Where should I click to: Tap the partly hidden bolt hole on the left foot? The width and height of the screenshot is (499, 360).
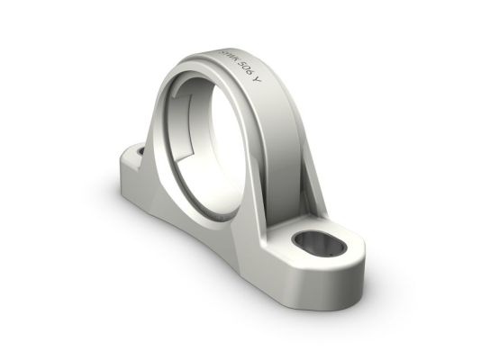[141, 150]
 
